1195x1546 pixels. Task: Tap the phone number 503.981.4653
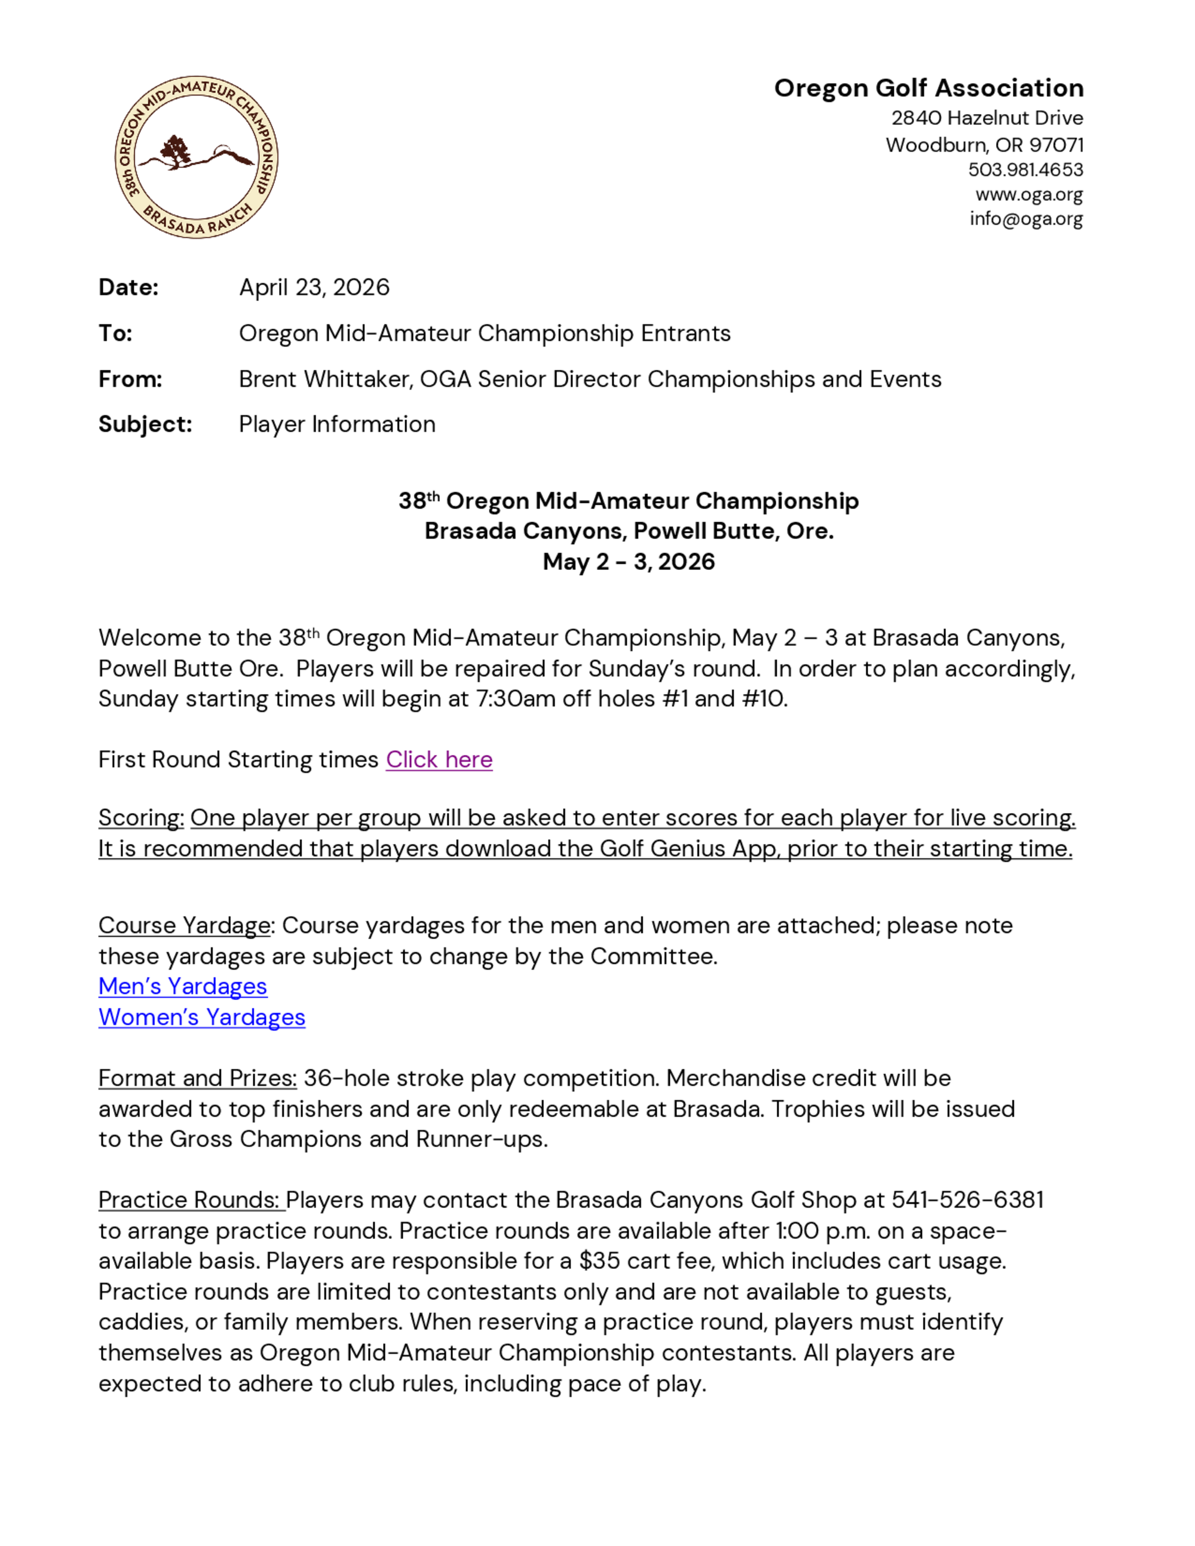coord(1025,170)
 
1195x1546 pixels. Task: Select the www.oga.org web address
coord(1029,194)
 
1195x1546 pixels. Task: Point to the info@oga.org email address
coord(1026,219)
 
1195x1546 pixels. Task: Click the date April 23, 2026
coord(314,287)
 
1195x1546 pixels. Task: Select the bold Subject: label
coord(145,424)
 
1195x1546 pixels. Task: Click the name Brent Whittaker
coord(325,379)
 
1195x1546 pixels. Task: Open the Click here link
coord(439,759)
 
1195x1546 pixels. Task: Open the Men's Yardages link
coord(183,986)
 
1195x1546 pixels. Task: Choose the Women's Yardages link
coord(202,1017)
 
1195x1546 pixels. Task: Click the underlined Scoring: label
coord(141,818)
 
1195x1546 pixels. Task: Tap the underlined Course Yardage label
coord(184,925)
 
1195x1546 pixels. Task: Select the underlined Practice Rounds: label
coord(191,1200)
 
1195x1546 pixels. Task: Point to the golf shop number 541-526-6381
coord(967,1200)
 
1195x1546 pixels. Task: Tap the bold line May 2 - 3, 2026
coord(629,562)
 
